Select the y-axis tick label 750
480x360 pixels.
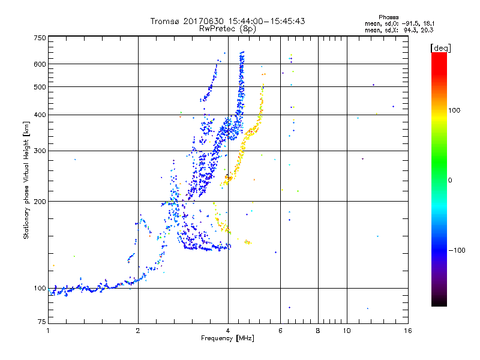pyautogui.click(x=40, y=38)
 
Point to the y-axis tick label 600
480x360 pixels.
pyautogui.click(x=40, y=64)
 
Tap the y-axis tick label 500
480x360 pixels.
pyautogui.click(x=40, y=87)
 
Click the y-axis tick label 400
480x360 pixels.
pyautogui.click(x=40, y=115)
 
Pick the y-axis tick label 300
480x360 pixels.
pyautogui.click(x=40, y=151)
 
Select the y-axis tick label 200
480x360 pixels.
pyautogui.click(x=40, y=202)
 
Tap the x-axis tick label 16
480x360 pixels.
pyautogui.click(x=407, y=331)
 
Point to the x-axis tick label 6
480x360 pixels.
pyautogui.click(x=280, y=331)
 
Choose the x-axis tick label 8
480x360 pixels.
pyautogui.click(x=318, y=331)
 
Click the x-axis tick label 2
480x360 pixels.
pyautogui.click(x=138, y=331)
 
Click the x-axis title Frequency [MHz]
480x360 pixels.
pyautogui.click(x=228, y=339)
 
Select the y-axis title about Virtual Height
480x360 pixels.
pyautogui.click(x=26, y=181)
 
